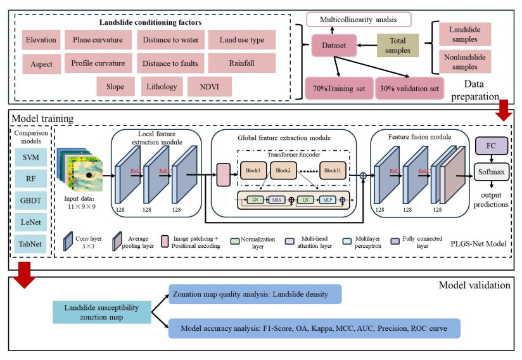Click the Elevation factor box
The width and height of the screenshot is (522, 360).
click(41, 40)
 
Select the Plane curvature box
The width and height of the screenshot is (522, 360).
click(98, 40)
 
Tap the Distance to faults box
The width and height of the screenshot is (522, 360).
click(170, 63)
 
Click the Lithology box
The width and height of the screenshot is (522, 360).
click(162, 86)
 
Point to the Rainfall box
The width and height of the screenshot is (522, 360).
click(242, 63)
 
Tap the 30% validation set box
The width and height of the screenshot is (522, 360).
click(411, 88)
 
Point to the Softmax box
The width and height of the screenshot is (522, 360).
click(491, 172)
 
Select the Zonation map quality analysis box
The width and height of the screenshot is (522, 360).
click(254, 294)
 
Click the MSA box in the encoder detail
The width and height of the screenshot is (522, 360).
click(277, 201)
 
